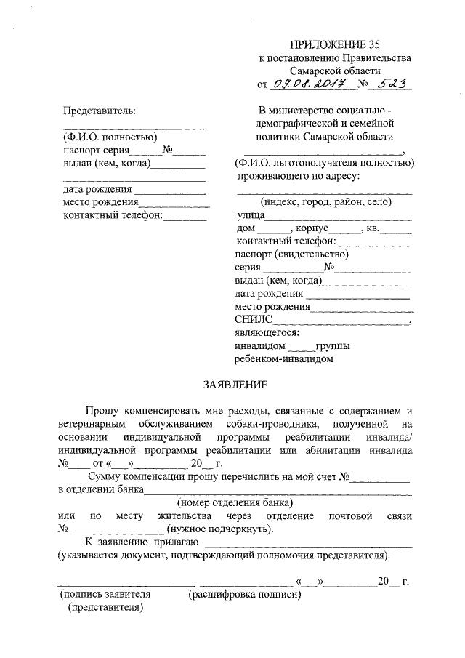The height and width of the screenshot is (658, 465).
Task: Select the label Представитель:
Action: pyautogui.click(x=99, y=110)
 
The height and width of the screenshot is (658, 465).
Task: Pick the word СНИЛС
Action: pyautogui.click(x=254, y=319)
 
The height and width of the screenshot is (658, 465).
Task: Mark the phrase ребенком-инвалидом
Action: pyautogui.click(x=284, y=358)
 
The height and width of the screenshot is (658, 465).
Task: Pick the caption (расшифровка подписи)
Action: pyautogui.click(x=243, y=595)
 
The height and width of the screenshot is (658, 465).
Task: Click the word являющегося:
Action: pyautogui.click(x=267, y=332)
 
